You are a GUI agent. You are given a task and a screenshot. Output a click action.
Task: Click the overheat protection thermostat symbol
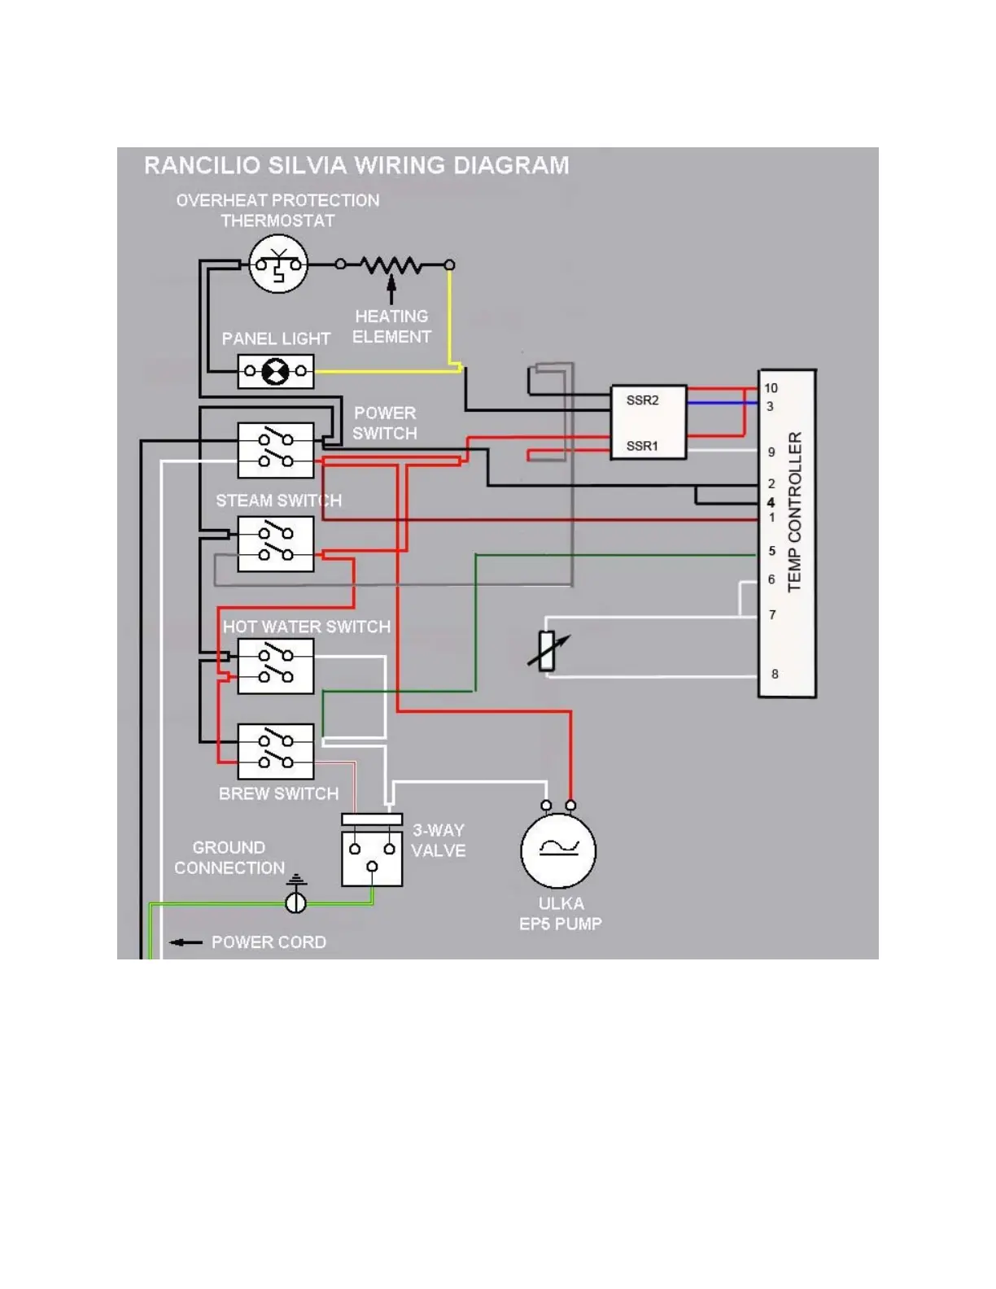[277, 264]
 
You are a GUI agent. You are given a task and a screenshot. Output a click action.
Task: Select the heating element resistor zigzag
[391, 264]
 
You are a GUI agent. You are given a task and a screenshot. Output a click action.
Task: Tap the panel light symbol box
[275, 372]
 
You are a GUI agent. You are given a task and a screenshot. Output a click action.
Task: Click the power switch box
[275, 450]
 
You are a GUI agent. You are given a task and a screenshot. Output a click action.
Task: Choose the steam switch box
[275, 544]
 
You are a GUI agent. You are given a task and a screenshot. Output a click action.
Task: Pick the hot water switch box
[275, 666]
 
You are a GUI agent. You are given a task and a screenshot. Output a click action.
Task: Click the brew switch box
[275, 751]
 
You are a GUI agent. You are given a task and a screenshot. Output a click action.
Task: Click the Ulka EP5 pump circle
[558, 850]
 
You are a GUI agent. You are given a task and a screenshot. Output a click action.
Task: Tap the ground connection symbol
[295, 900]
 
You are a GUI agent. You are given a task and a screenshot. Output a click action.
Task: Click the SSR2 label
[642, 400]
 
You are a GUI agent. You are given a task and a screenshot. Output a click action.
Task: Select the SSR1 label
[642, 446]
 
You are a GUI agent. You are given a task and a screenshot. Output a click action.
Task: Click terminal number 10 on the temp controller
[771, 388]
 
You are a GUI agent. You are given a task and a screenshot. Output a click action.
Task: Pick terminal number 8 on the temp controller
[775, 674]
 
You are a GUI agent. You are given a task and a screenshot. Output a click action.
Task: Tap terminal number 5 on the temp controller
[772, 551]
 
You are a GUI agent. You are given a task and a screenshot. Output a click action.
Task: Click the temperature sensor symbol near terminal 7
[548, 651]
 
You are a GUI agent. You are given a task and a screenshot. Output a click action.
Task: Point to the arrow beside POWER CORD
[186, 942]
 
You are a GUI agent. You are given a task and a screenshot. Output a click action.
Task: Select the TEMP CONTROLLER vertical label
[795, 511]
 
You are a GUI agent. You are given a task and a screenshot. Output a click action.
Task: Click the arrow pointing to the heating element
[391, 289]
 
